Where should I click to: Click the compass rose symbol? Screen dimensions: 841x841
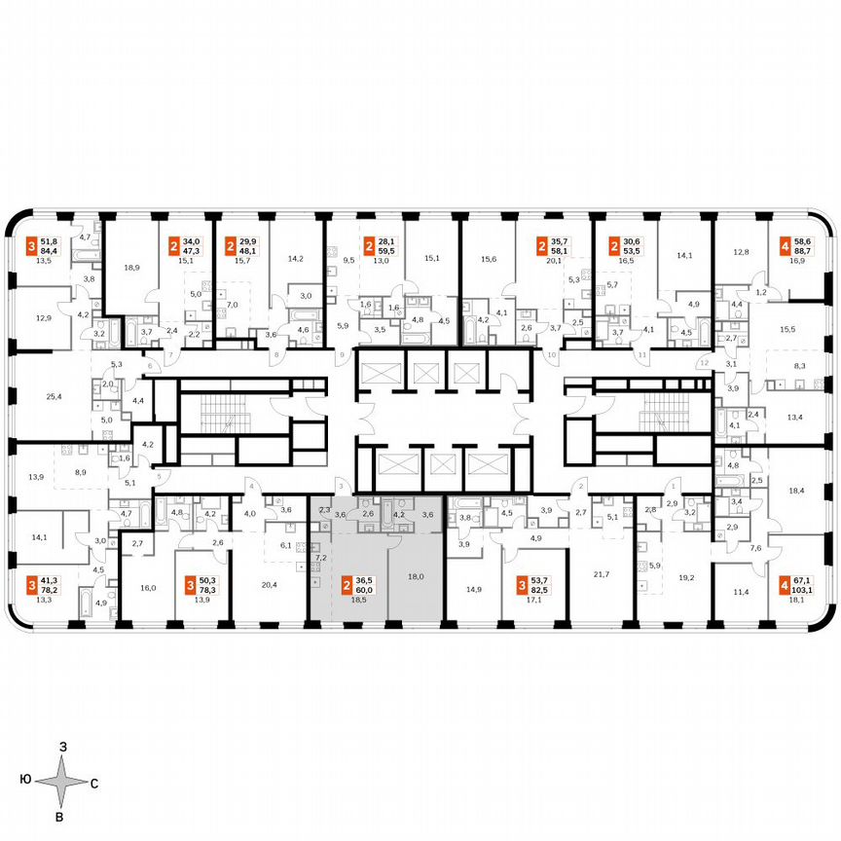(62, 781)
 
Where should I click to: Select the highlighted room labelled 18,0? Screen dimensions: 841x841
(416, 576)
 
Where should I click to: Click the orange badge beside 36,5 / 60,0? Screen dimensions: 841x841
(347, 586)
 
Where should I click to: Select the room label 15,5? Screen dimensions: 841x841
(786, 330)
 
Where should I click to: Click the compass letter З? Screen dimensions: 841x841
(62, 745)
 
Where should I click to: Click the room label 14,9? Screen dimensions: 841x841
(474, 589)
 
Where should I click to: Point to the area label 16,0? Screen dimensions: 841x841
(147, 589)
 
